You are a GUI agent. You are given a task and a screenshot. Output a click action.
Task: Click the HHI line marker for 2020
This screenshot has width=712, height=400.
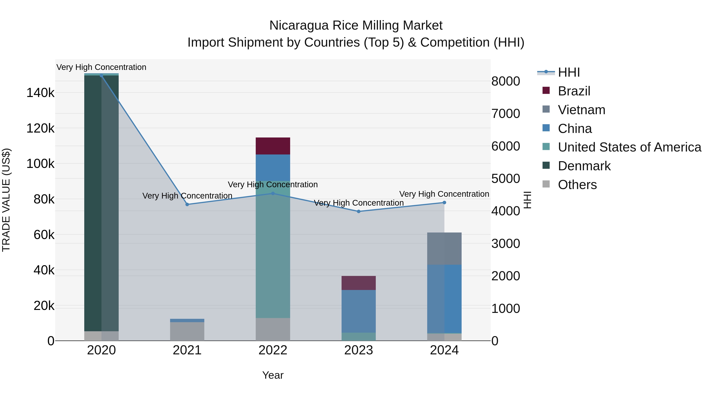click(x=101, y=76)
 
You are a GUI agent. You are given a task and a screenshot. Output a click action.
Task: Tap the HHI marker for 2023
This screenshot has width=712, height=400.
click(x=359, y=211)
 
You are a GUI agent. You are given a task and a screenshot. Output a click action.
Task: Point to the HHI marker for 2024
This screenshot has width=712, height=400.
click(x=444, y=203)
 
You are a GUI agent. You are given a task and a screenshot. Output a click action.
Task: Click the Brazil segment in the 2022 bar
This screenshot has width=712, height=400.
click(x=273, y=146)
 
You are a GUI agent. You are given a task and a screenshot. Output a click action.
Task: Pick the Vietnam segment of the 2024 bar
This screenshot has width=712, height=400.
click(x=444, y=248)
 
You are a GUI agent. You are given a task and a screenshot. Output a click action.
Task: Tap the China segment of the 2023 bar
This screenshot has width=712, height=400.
click(x=359, y=311)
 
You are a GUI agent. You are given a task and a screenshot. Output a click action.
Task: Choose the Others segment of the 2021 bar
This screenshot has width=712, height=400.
click(x=187, y=331)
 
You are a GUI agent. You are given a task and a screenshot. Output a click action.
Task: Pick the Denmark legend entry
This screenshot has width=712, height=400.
click(x=584, y=166)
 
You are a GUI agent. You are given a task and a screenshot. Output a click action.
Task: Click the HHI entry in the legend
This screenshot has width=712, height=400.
click(x=569, y=72)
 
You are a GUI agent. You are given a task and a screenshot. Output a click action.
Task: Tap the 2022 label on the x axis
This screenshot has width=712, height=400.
click(x=273, y=350)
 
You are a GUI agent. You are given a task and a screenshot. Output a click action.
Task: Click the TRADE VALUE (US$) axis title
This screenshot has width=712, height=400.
click(x=6, y=200)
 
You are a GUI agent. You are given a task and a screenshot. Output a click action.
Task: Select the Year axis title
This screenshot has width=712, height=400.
click(x=273, y=375)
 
